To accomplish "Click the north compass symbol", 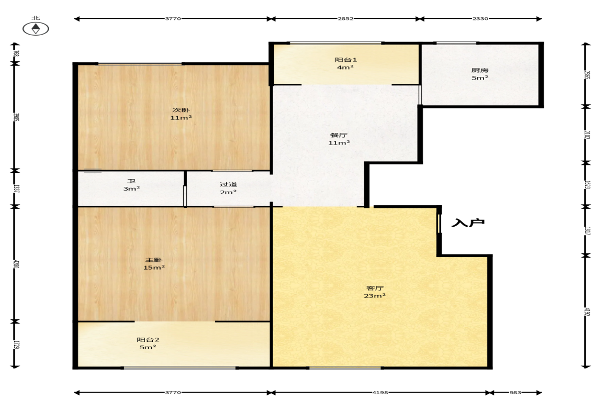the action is [x=36, y=29].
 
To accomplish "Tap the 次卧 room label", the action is [x=181, y=110].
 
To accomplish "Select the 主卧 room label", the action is [x=154, y=260].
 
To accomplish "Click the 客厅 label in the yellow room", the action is [x=375, y=288].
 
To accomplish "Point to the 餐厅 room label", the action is [x=339, y=135].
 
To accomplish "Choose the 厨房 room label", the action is [x=480, y=70].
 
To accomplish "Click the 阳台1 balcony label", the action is [x=346, y=60].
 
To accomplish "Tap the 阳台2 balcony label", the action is [x=148, y=339].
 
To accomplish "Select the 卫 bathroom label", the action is [x=131, y=181].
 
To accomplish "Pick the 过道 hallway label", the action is [x=228, y=184].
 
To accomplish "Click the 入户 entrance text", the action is [x=468, y=223].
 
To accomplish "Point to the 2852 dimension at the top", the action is [x=346, y=18].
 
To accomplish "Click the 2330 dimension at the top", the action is [x=480, y=18].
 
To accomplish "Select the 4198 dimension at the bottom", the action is [x=380, y=392].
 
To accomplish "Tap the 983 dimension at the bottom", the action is [x=515, y=392].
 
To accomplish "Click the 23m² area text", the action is [x=375, y=295].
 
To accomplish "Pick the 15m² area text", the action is [x=154, y=267].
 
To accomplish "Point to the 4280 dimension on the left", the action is [x=16, y=264].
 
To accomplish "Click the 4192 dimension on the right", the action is [x=587, y=312].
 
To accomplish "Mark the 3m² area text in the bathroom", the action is [x=131, y=188].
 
